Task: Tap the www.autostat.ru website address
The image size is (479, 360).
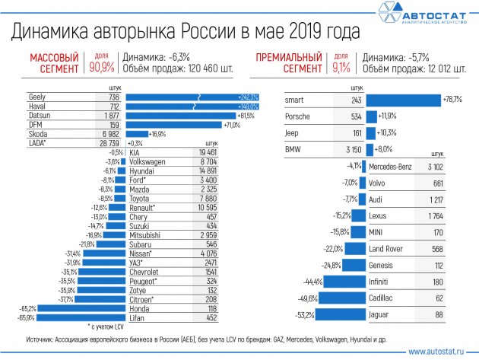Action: pyautogui.click(x=438, y=352)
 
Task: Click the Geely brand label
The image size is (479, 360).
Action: pyautogui.click(x=37, y=98)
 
